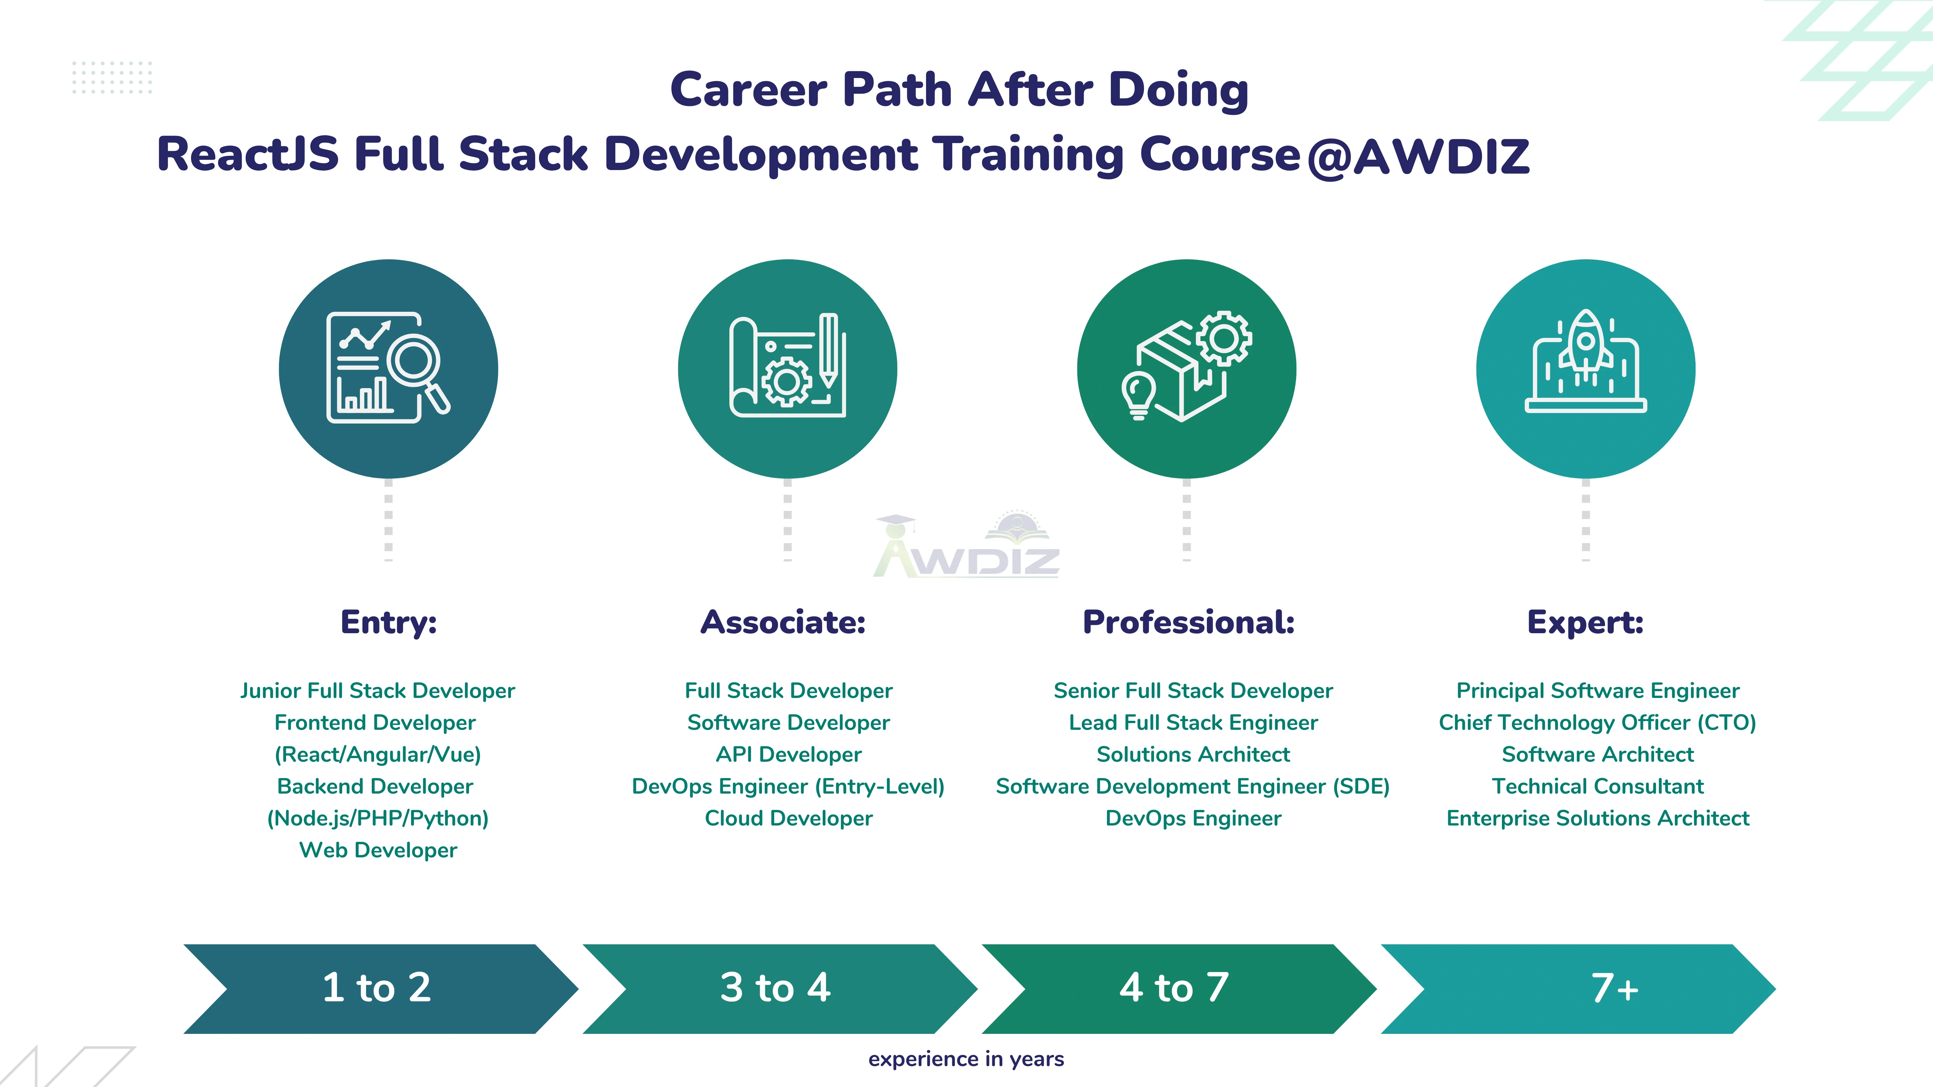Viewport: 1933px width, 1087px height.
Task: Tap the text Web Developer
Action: point(378,850)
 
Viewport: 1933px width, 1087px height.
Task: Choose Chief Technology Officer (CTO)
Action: point(1597,722)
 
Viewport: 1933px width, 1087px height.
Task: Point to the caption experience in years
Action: point(966,1058)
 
